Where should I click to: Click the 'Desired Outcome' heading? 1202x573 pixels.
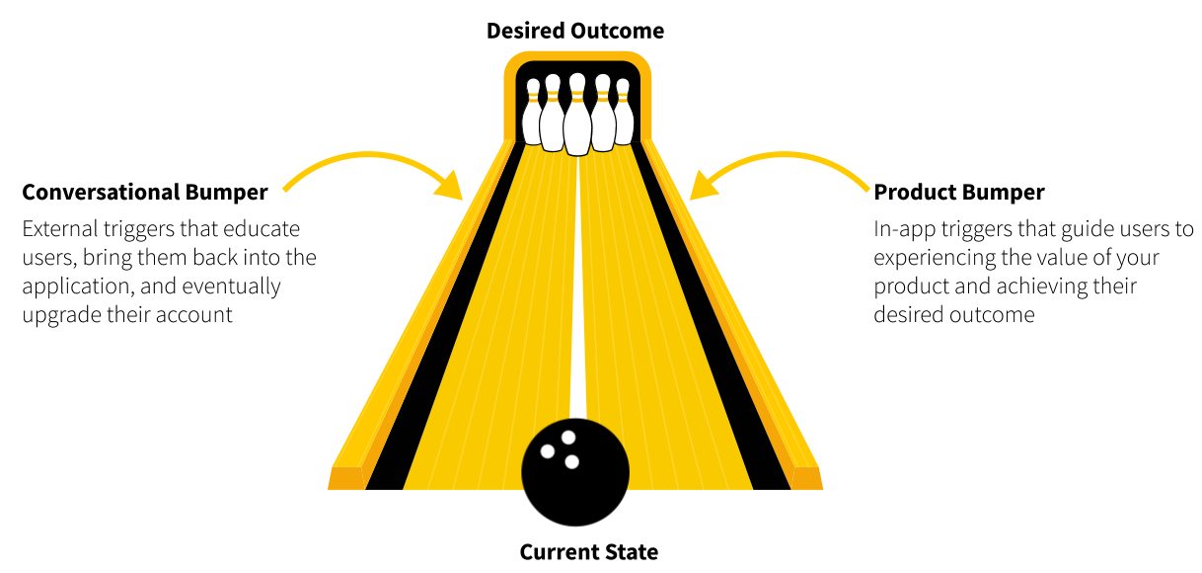point(575,31)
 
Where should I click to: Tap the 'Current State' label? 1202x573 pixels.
point(588,551)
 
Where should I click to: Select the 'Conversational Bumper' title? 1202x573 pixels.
point(145,192)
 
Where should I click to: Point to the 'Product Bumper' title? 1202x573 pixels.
point(959,192)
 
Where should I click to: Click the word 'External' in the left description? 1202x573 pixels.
point(61,229)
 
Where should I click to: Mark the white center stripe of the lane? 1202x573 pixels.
point(577,296)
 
